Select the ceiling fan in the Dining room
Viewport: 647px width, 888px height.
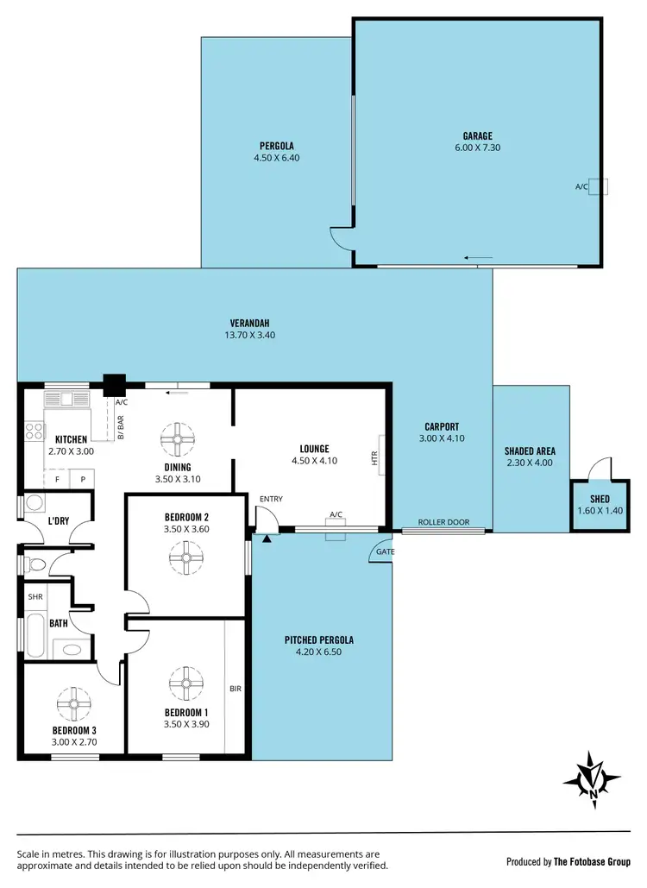pyautogui.click(x=178, y=439)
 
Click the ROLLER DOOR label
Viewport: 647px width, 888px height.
pyautogui.click(x=443, y=522)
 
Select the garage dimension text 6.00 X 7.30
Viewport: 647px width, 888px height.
pyautogui.click(x=477, y=148)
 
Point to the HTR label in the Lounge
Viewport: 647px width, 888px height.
pyautogui.click(x=375, y=458)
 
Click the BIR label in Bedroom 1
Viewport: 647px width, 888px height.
pyautogui.click(x=235, y=690)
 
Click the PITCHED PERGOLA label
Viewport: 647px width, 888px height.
pyautogui.click(x=319, y=640)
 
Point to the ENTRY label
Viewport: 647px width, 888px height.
pyautogui.click(x=271, y=499)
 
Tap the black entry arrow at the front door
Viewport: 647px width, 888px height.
pyautogui.click(x=267, y=538)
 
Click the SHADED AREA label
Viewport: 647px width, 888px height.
pyautogui.click(x=530, y=450)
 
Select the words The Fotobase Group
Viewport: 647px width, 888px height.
pyautogui.click(x=594, y=861)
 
